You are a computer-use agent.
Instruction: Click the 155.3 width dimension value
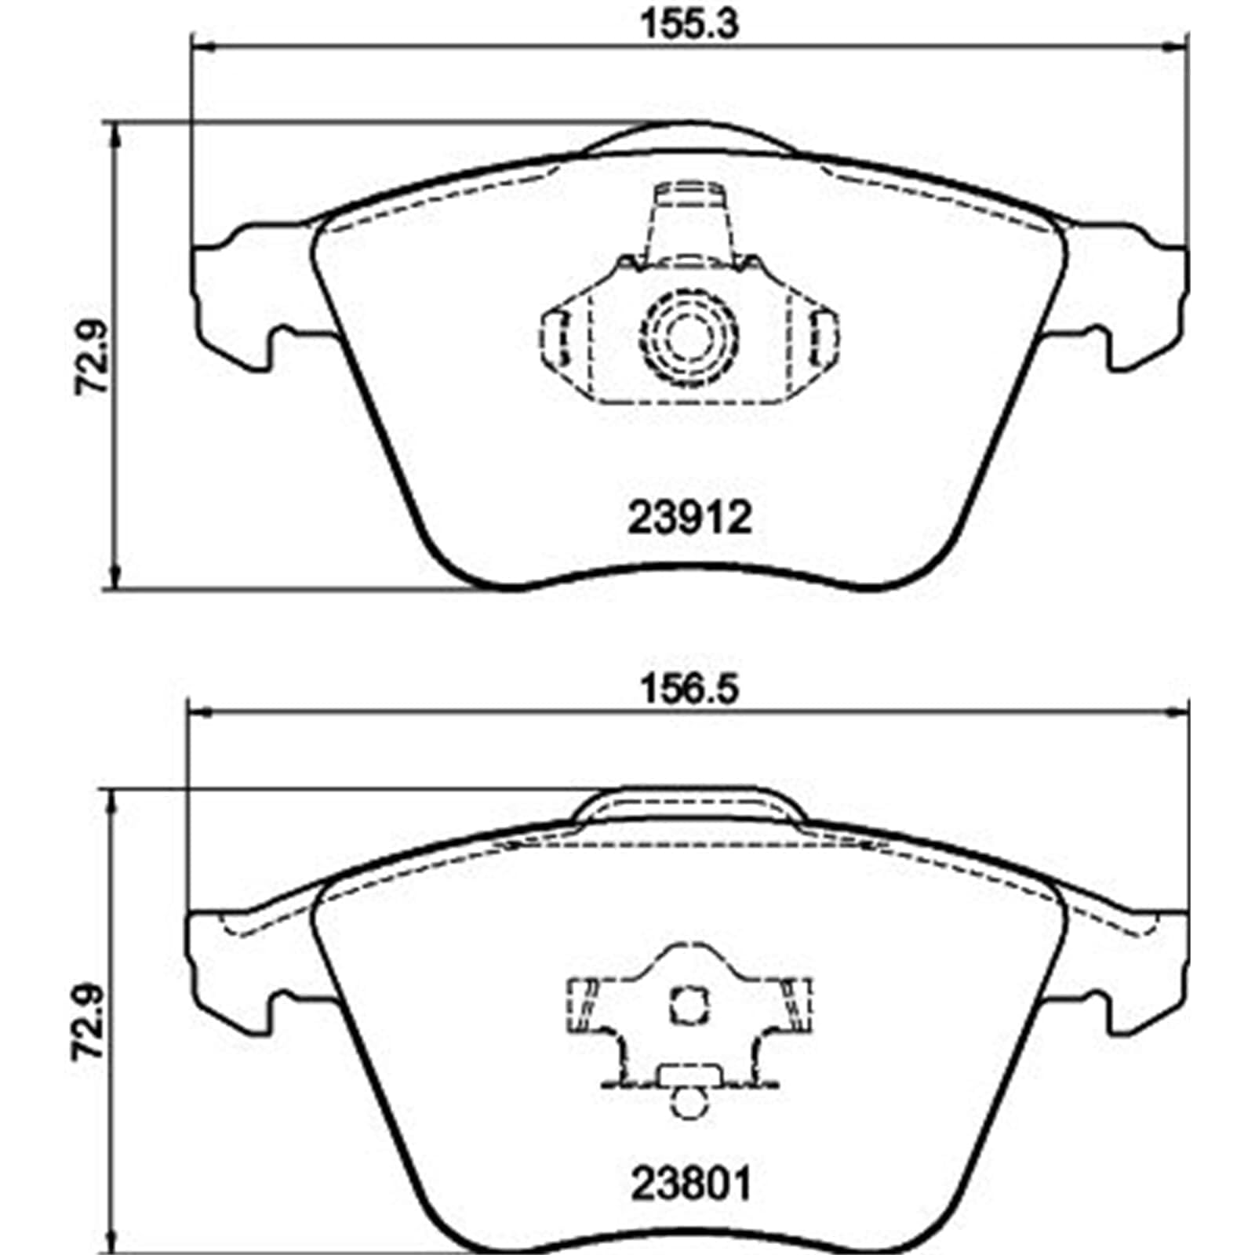[690, 24]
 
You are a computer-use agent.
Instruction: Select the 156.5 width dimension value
[690, 690]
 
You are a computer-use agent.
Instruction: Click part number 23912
[689, 518]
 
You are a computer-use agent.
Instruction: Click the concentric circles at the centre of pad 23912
[689, 336]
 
